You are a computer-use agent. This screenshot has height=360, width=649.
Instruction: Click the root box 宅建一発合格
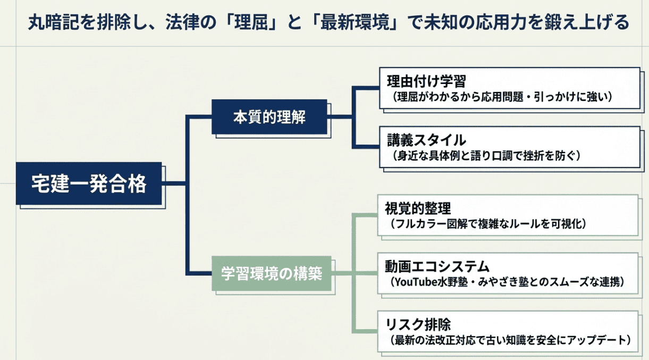[x=88, y=184]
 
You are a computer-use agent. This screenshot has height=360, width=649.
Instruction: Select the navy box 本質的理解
[x=269, y=117]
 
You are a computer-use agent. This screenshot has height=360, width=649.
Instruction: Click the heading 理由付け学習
[x=426, y=81]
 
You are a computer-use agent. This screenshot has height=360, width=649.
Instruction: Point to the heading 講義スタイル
[x=426, y=140]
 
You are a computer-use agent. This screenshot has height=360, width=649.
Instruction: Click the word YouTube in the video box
[x=415, y=282]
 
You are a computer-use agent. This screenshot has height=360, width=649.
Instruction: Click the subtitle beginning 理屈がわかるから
[x=500, y=97]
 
